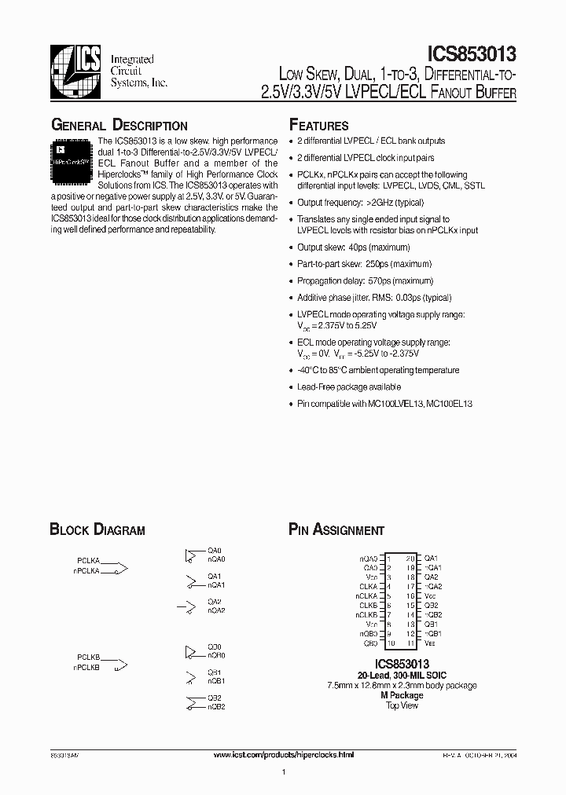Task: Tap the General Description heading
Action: tap(119, 125)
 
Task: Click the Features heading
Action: tap(318, 125)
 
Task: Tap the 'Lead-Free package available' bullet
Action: tap(348, 387)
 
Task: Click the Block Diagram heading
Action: tap(97, 529)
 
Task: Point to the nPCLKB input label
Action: tap(86, 667)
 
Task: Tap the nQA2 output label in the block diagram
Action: tap(216, 610)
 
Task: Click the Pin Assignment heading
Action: tap(336, 529)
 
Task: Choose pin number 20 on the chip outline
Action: tap(410, 558)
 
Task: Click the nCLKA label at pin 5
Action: tap(367, 595)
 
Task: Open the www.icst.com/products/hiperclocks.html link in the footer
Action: tap(285, 754)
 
